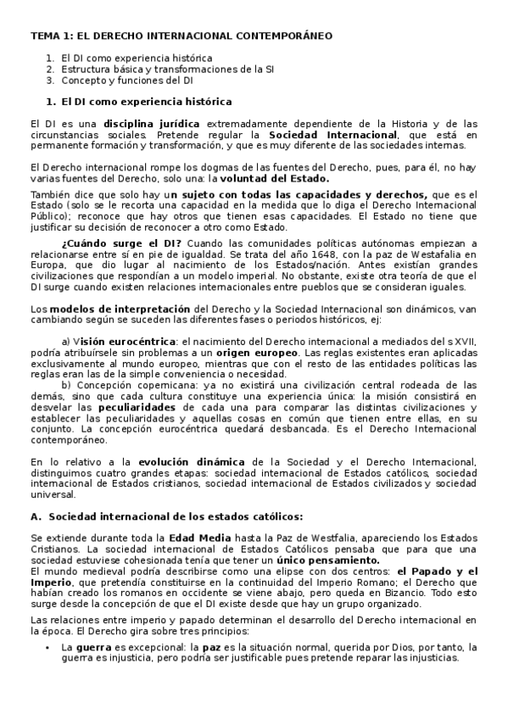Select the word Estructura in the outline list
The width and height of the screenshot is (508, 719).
click(84, 69)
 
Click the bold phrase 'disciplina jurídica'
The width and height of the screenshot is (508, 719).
click(152, 123)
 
